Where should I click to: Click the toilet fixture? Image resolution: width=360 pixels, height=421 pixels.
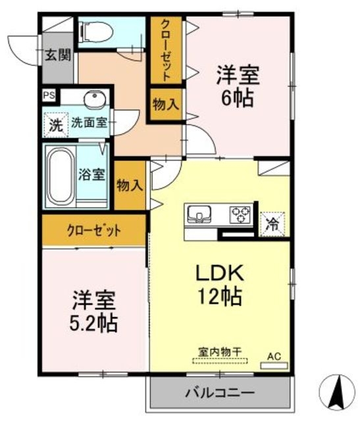click(95, 32)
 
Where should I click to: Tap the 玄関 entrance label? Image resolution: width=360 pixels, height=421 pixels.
click(58, 55)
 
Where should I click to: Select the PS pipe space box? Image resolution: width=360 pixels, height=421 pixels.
click(49, 95)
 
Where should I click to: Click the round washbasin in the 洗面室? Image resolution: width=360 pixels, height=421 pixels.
click(95, 99)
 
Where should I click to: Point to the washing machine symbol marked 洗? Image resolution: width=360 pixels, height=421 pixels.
click(56, 125)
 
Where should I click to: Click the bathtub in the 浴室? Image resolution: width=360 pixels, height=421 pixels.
click(61, 176)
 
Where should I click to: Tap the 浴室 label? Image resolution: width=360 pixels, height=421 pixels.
click(91, 174)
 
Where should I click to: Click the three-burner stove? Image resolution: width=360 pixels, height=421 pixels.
click(240, 214)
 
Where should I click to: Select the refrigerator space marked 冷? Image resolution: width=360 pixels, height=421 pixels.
click(272, 224)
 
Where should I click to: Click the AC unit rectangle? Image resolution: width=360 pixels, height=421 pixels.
click(274, 366)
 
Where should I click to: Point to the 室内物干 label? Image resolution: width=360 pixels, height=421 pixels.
click(220, 352)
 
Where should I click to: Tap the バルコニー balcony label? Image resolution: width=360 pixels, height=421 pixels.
click(220, 393)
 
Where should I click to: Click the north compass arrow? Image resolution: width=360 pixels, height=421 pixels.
click(337, 391)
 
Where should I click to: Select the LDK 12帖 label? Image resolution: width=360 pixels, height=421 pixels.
click(220, 284)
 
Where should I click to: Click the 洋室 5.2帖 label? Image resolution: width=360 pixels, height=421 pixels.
click(93, 310)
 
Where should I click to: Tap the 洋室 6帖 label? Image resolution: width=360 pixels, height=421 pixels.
click(238, 87)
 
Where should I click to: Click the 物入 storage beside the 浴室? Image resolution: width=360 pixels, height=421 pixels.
click(130, 186)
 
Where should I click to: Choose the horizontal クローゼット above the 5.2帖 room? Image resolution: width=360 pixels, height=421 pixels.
click(94, 230)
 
